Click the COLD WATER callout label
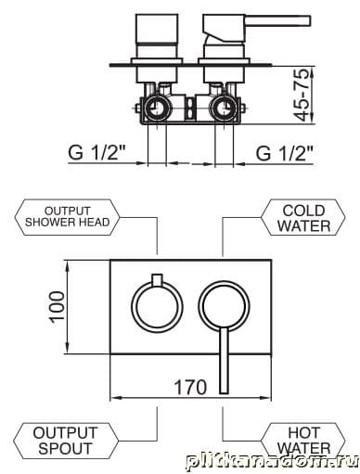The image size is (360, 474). tap(303, 218)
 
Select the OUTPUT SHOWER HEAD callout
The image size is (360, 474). tap(67, 217)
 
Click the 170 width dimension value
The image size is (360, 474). tap(190, 387)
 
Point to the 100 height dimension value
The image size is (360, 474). tap(58, 307)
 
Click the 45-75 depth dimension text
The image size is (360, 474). tap(302, 95)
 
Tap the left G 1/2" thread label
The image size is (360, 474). tap(97, 153)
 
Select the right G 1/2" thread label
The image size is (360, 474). tap(285, 153)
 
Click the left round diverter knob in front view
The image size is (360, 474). tap(132, 307)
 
